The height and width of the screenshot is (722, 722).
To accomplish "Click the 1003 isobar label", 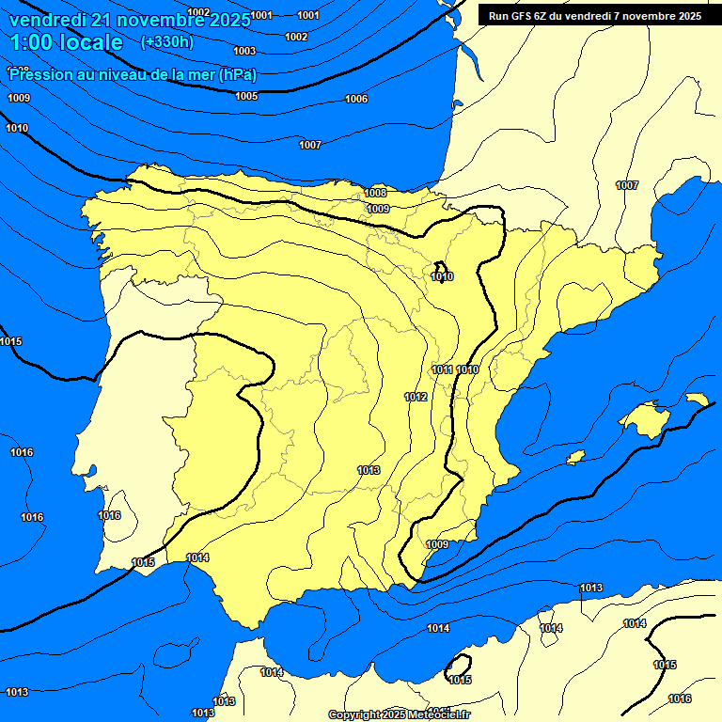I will [x=244, y=51].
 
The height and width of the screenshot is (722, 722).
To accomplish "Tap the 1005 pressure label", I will [x=246, y=96].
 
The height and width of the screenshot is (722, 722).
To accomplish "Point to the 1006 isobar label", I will [x=356, y=99].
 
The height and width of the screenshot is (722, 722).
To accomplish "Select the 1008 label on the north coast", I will [x=375, y=193].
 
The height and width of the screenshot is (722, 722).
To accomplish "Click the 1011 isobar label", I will [x=443, y=369].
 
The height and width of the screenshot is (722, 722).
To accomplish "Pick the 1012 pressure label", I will [x=416, y=397].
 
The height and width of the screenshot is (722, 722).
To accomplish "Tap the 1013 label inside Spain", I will [x=369, y=470].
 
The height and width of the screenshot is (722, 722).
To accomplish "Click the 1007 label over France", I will [x=627, y=185].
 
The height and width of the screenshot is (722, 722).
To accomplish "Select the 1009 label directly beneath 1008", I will [x=378, y=209].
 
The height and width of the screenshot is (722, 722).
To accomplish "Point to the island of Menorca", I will [x=697, y=400].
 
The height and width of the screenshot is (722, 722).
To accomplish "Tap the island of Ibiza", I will [x=575, y=458].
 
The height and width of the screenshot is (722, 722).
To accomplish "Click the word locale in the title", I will [x=90, y=42].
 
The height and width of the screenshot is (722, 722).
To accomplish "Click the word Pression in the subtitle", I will [x=40, y=75].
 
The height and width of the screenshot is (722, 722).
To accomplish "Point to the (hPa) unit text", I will [x=238, y=75].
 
